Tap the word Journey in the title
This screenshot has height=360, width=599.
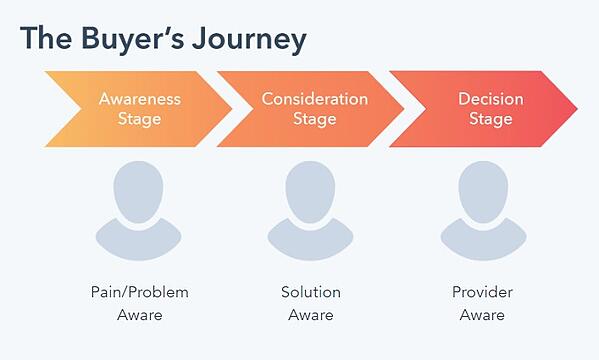249,40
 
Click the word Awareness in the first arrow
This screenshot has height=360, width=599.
139,99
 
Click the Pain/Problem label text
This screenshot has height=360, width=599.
138,292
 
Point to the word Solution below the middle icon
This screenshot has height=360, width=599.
310,292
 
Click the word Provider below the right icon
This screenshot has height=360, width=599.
482,292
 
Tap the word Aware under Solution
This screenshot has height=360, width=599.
310,315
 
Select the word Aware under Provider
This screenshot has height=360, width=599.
482,315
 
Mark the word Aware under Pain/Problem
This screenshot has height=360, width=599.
138,315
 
